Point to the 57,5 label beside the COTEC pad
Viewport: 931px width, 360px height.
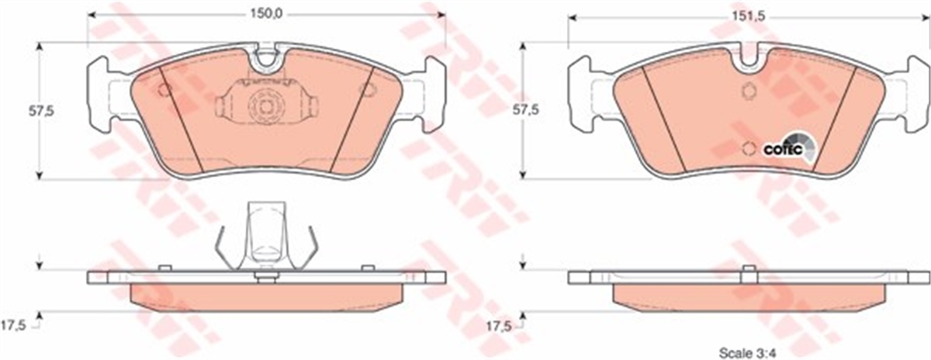coord(509,111)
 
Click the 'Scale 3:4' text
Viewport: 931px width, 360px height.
coord(744,351)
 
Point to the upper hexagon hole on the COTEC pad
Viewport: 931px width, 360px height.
coord(749,91)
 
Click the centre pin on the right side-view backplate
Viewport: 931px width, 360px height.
coord(749,272)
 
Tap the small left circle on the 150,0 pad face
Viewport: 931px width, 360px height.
coord(164,90)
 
